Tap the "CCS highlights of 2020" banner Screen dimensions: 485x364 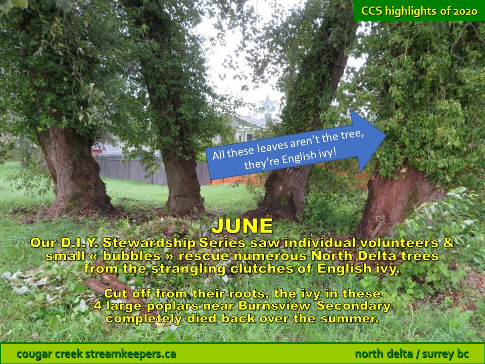point(419,11)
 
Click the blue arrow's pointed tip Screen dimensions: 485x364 point(386,135)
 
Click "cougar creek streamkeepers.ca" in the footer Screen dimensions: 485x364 point(96,353)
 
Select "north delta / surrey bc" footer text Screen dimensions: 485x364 point(412,353)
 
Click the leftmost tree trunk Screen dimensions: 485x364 point(74,170)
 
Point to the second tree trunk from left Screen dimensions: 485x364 point(182,183)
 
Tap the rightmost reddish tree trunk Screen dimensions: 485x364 point(399,201)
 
